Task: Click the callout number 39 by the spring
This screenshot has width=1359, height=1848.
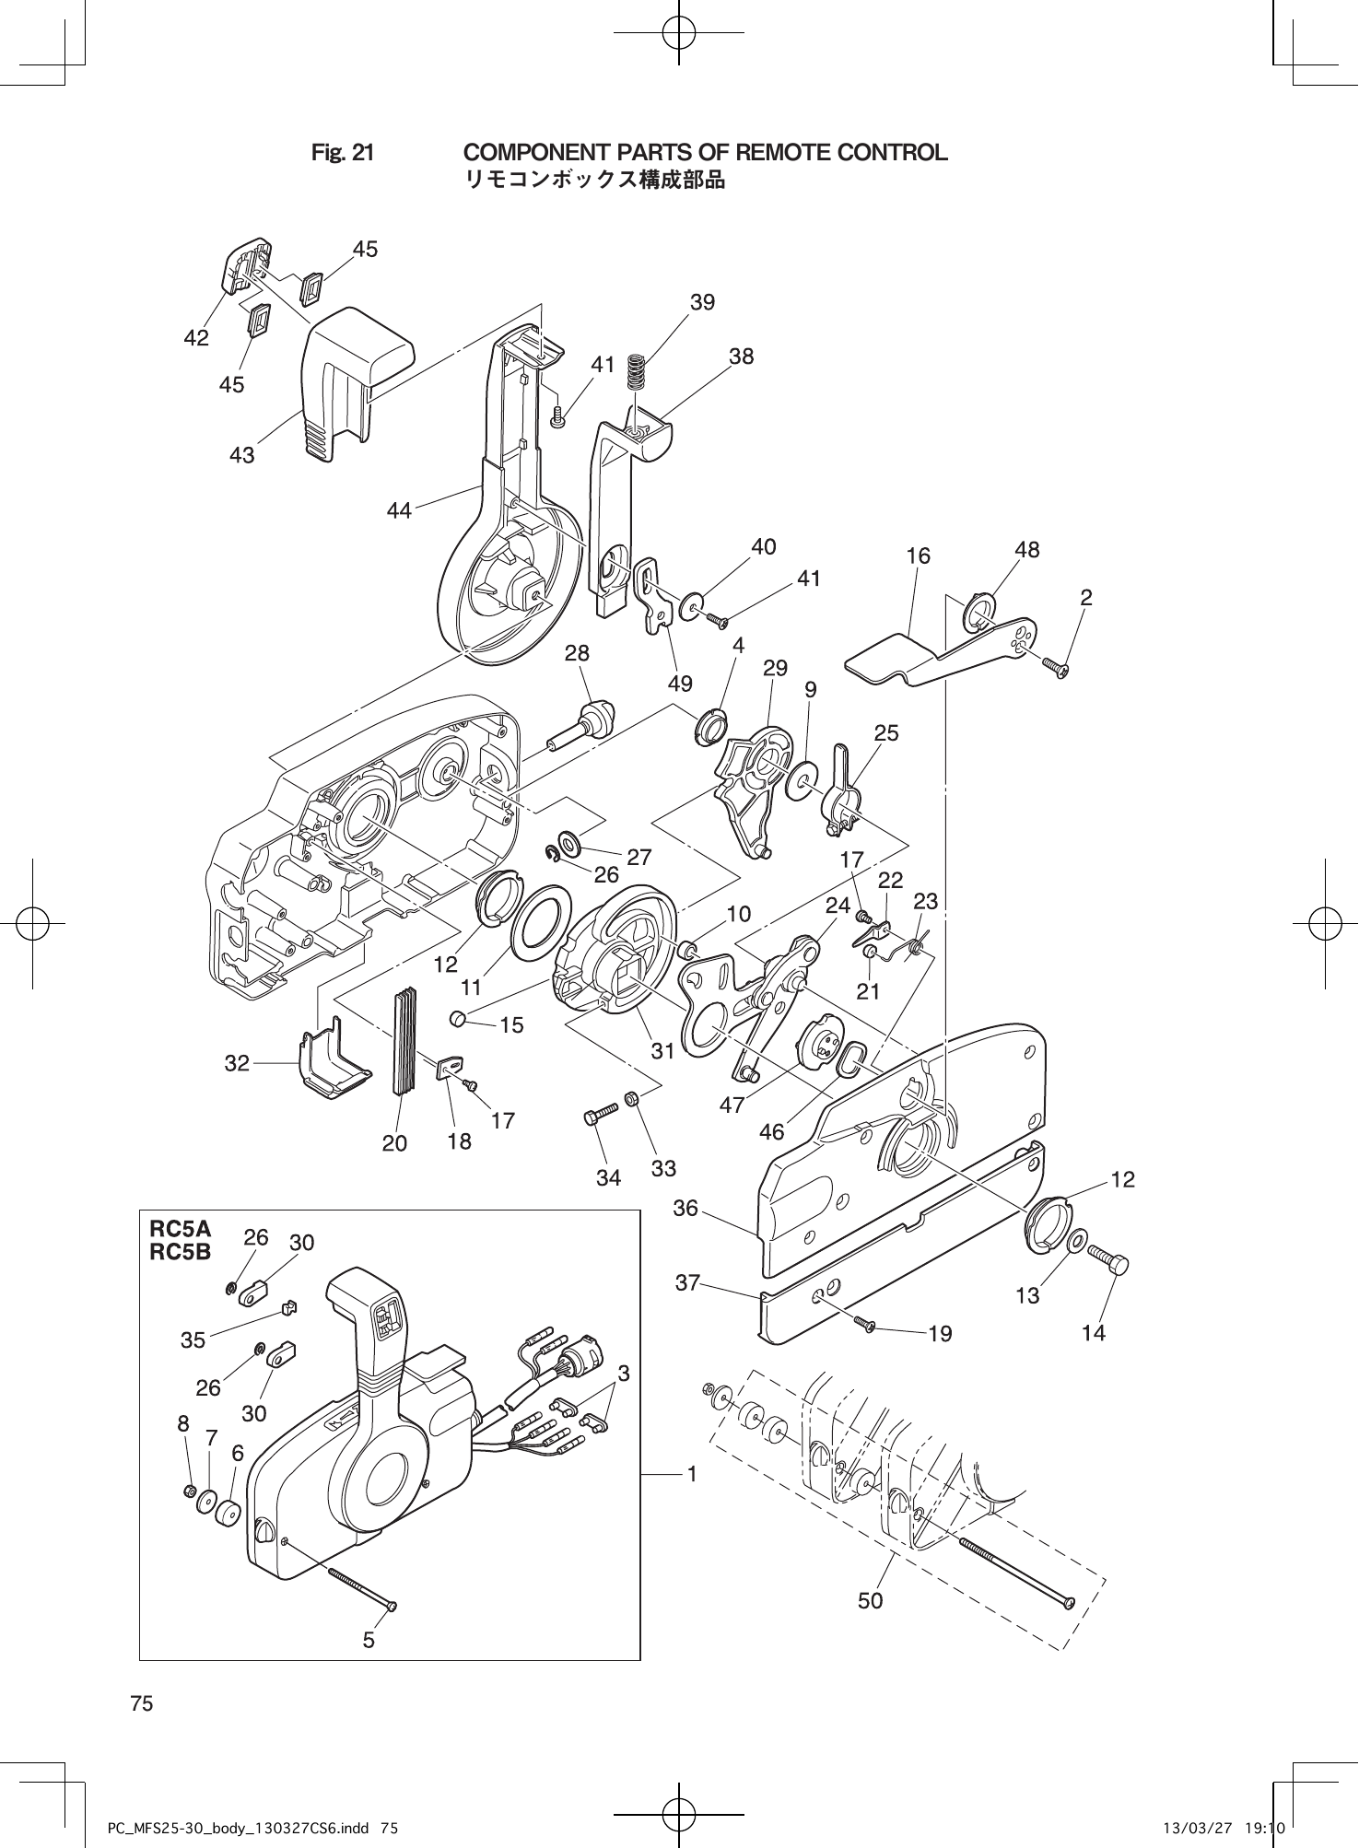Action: coord(702,302)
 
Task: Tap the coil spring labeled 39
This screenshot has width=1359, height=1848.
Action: coord(635,372)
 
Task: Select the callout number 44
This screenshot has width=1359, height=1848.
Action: coord(399,509)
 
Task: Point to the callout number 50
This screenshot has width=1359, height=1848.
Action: coord(870,1600)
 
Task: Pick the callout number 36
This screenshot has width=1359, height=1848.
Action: coord(685,1207)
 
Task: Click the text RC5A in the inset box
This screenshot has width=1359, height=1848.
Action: coord(180,1229)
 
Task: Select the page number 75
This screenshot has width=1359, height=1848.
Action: coord(142,1703)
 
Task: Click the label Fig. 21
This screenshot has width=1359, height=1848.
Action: coord(343,153)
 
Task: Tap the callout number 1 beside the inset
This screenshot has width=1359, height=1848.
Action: coord(690,1474)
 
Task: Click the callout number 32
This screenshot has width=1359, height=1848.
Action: coord(237,1063)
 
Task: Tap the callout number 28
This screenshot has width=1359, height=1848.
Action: coord(577,653)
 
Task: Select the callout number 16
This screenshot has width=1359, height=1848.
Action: coord(918,556)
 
